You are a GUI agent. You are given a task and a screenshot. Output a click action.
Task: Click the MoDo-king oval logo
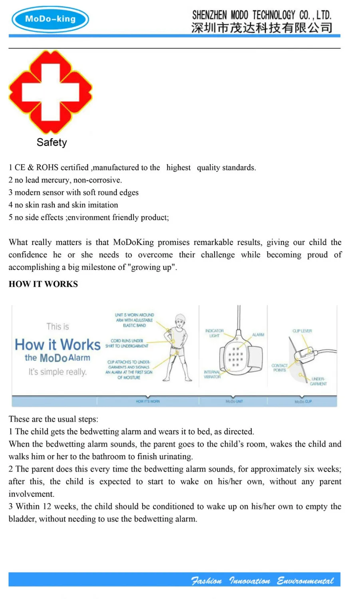click(x=50, y=19)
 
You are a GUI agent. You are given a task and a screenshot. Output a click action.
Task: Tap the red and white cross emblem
click(x=50, y=92)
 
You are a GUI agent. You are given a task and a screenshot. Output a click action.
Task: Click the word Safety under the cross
click(x=52, y=143)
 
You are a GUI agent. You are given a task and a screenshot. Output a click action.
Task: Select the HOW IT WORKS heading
click(x=43, y=284)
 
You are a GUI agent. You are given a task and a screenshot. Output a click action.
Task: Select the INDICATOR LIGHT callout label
click(x=215, y=333)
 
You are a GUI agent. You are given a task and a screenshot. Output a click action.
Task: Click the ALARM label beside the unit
click(x=258, y=335)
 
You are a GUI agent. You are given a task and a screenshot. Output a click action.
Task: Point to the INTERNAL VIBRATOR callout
click(x=212, y=375)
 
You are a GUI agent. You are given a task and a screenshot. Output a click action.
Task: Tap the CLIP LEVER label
click(x=302, y=331)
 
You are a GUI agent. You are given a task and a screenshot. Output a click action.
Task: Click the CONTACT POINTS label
click(x=279, y=368)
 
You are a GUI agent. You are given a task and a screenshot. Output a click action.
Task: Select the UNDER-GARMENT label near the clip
click(x=318, y=381)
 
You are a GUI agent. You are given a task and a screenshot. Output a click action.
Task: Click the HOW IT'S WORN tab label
click(x=148, y=401)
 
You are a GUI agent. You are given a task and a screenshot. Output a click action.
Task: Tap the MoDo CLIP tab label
click(x=303, y=401)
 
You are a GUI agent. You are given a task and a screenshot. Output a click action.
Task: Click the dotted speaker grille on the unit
click(x=235, y=357)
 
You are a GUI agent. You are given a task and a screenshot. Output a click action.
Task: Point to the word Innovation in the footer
click(x=249, y=581)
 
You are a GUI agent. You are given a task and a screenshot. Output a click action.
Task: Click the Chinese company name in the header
click(x=262, y=28)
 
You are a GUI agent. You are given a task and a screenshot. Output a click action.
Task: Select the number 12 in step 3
click(x=47, y=506)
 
